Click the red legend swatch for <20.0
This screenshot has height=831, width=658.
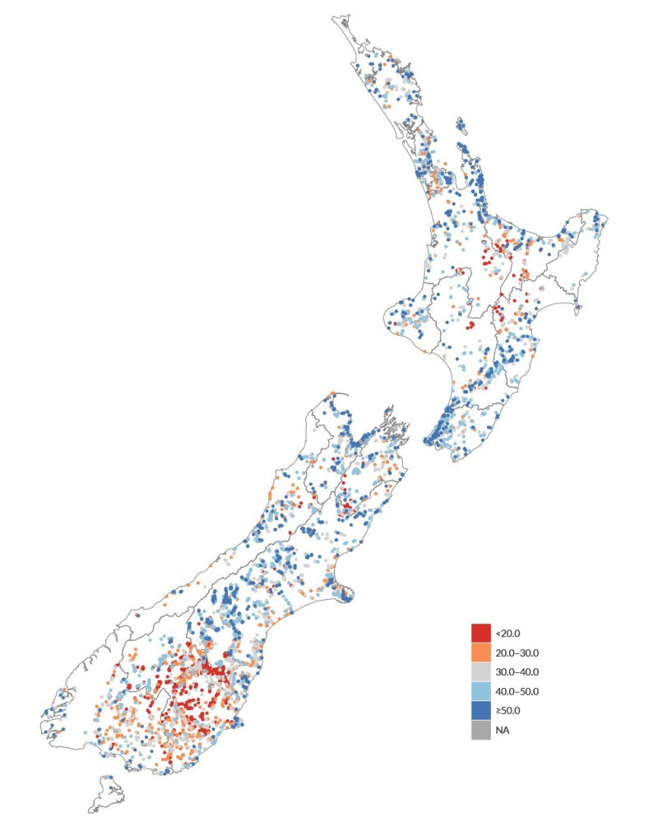tap(481, 634)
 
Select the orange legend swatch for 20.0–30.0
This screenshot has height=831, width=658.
tap(481, 652)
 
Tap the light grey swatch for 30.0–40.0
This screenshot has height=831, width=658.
tap(481, 671)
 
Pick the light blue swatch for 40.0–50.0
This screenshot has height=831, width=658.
tap(481, 691)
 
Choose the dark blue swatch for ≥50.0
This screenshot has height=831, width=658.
tap(481, 710)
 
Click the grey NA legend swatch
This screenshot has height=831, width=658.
tap(481, 730)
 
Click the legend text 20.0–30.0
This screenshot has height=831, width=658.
tap(516, 652)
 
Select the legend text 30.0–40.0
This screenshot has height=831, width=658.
tap(516, 671)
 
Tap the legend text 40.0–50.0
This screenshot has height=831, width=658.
tap(516, 691)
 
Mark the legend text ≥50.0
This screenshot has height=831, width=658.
tap(508, 710)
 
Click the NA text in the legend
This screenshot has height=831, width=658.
tap(502, 730)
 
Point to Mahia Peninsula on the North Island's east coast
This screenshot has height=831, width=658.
tap(577, 309)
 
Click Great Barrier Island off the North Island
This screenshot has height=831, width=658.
tap(463, 128)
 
